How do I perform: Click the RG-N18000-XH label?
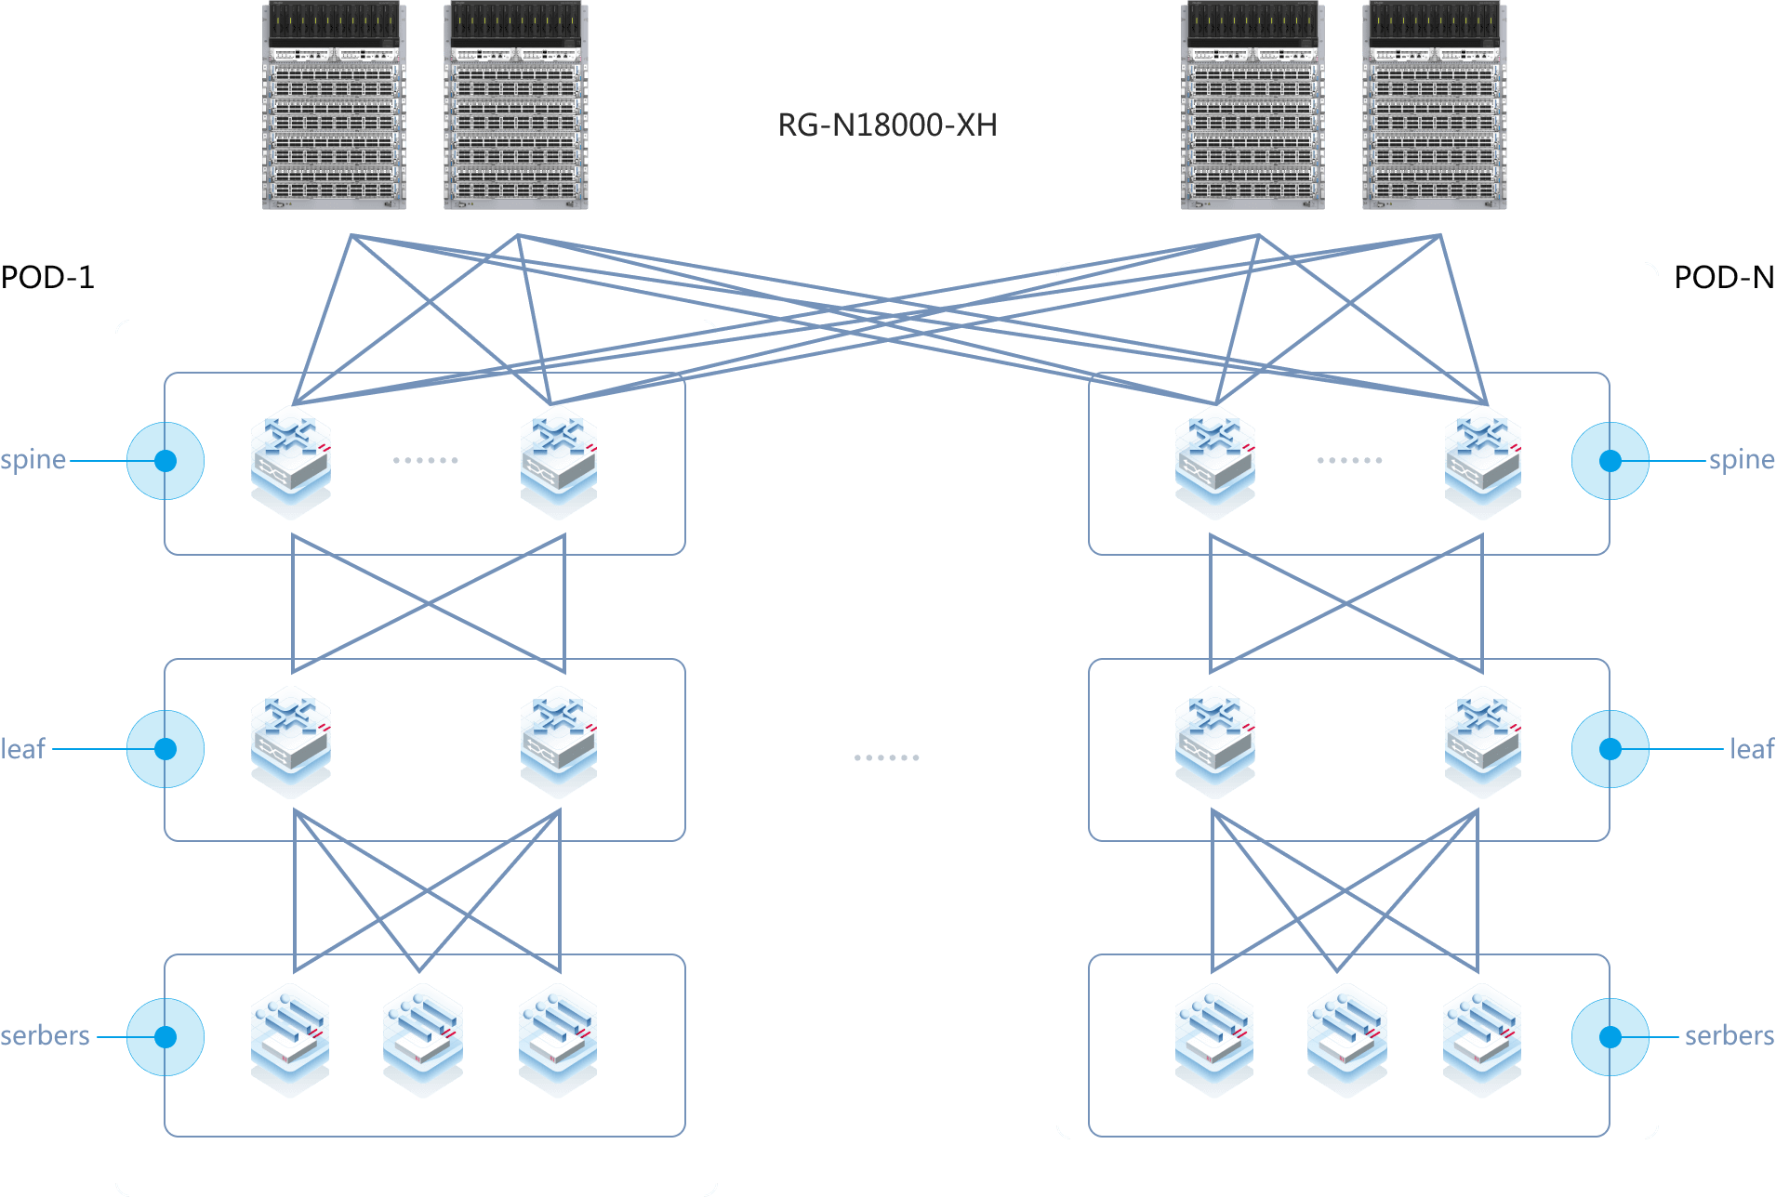887,125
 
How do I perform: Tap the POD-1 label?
48,277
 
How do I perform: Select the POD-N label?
1725,277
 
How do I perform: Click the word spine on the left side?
33,460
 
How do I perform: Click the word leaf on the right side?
1751,749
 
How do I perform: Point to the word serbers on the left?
45,1036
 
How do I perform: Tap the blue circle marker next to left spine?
166,461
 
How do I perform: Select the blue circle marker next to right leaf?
1610,749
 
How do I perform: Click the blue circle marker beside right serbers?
1610,1037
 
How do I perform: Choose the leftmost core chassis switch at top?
334,106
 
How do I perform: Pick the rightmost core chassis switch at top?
1434,106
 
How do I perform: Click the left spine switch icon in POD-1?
291,460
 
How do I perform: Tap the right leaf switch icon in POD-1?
558,741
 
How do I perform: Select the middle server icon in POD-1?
423,1037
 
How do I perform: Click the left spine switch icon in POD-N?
1214,460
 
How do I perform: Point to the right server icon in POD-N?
1482,1037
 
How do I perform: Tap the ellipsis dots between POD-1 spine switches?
425,460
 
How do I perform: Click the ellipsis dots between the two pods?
886,757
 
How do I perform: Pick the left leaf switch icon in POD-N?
1214,741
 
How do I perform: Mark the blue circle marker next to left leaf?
166,749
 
